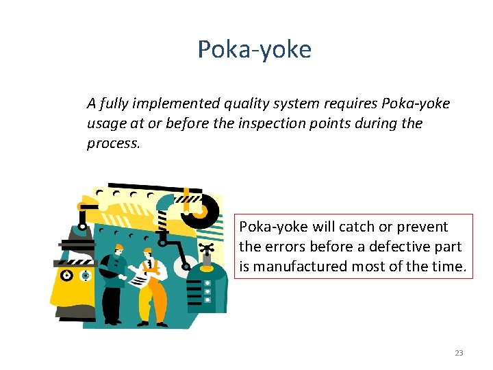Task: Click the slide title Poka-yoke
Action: [x=254, y=49]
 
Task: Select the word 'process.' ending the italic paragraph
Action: [x=113, y=143]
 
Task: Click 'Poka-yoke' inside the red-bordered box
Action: [x=273, y=227]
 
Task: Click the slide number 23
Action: [x=459, y=353]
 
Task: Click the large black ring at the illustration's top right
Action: [x=204, y=208]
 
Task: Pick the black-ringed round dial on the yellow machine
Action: [x=66, y=275]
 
